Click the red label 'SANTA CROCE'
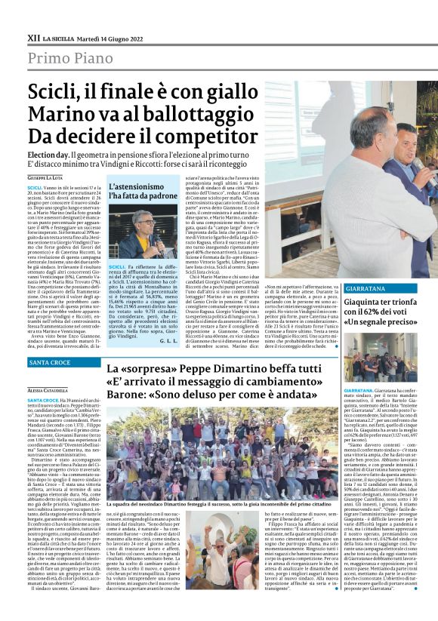[x=51, y=362]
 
